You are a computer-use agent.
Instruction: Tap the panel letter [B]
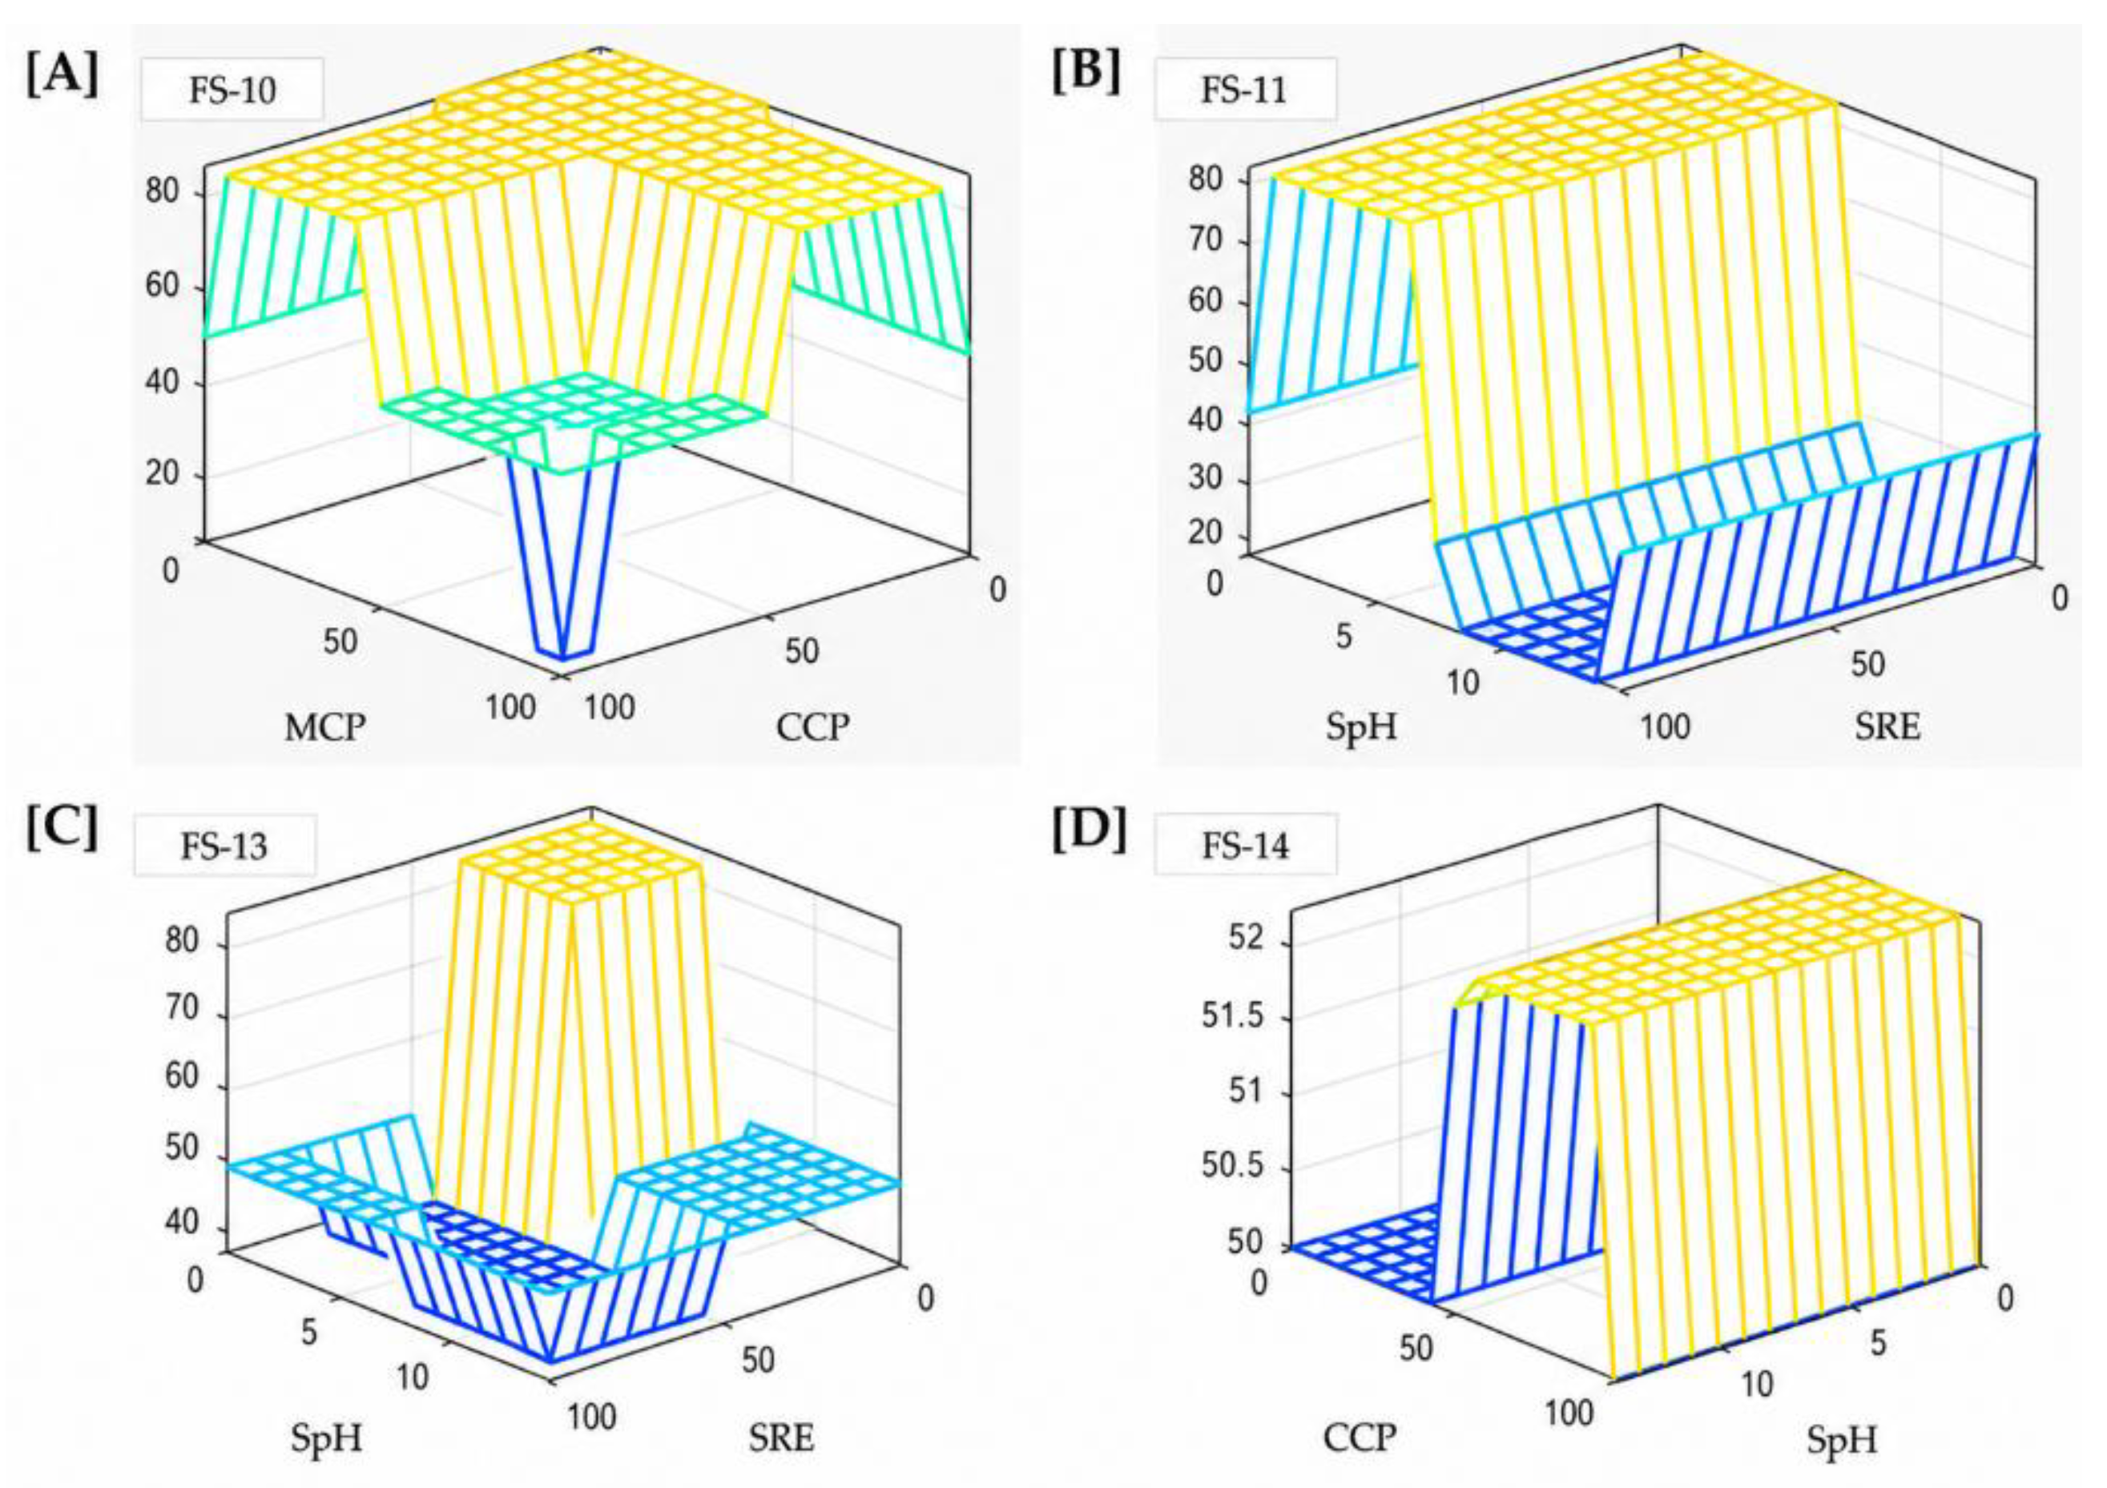tap(1086, 74)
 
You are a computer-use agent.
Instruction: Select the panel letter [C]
tap(62, 830)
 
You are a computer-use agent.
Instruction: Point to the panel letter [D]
tap(1089, 830)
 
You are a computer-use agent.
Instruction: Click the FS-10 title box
tap(232, 90)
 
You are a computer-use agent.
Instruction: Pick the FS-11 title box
tap(1244, 90)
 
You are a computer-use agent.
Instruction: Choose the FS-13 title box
tap(225, 845)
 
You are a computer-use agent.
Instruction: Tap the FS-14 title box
tap(1245, 845)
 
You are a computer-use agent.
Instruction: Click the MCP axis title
tap(324, 727)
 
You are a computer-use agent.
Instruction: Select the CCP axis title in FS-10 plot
tap(813, 726)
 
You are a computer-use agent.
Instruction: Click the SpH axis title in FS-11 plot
tap(1361, 726)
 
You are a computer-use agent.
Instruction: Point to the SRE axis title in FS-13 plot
tap(781, 1437)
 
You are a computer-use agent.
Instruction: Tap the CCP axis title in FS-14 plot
tap(1360, 1437)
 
